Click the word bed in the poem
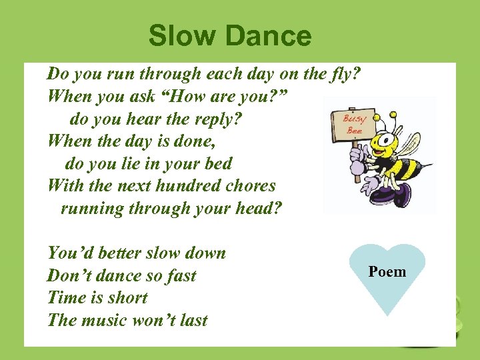tap(218, 163)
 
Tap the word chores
tap(252, 185)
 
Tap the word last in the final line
tap(193, 321)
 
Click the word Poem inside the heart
tap(387, 271)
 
